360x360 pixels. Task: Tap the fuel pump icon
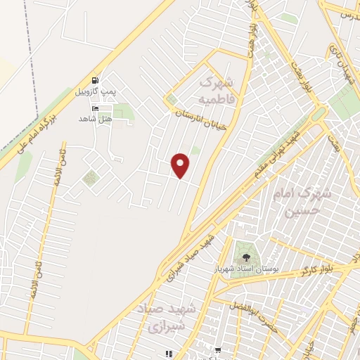pos(95,80)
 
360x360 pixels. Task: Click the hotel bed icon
pos(95,108)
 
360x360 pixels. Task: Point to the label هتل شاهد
pos(96,119)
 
